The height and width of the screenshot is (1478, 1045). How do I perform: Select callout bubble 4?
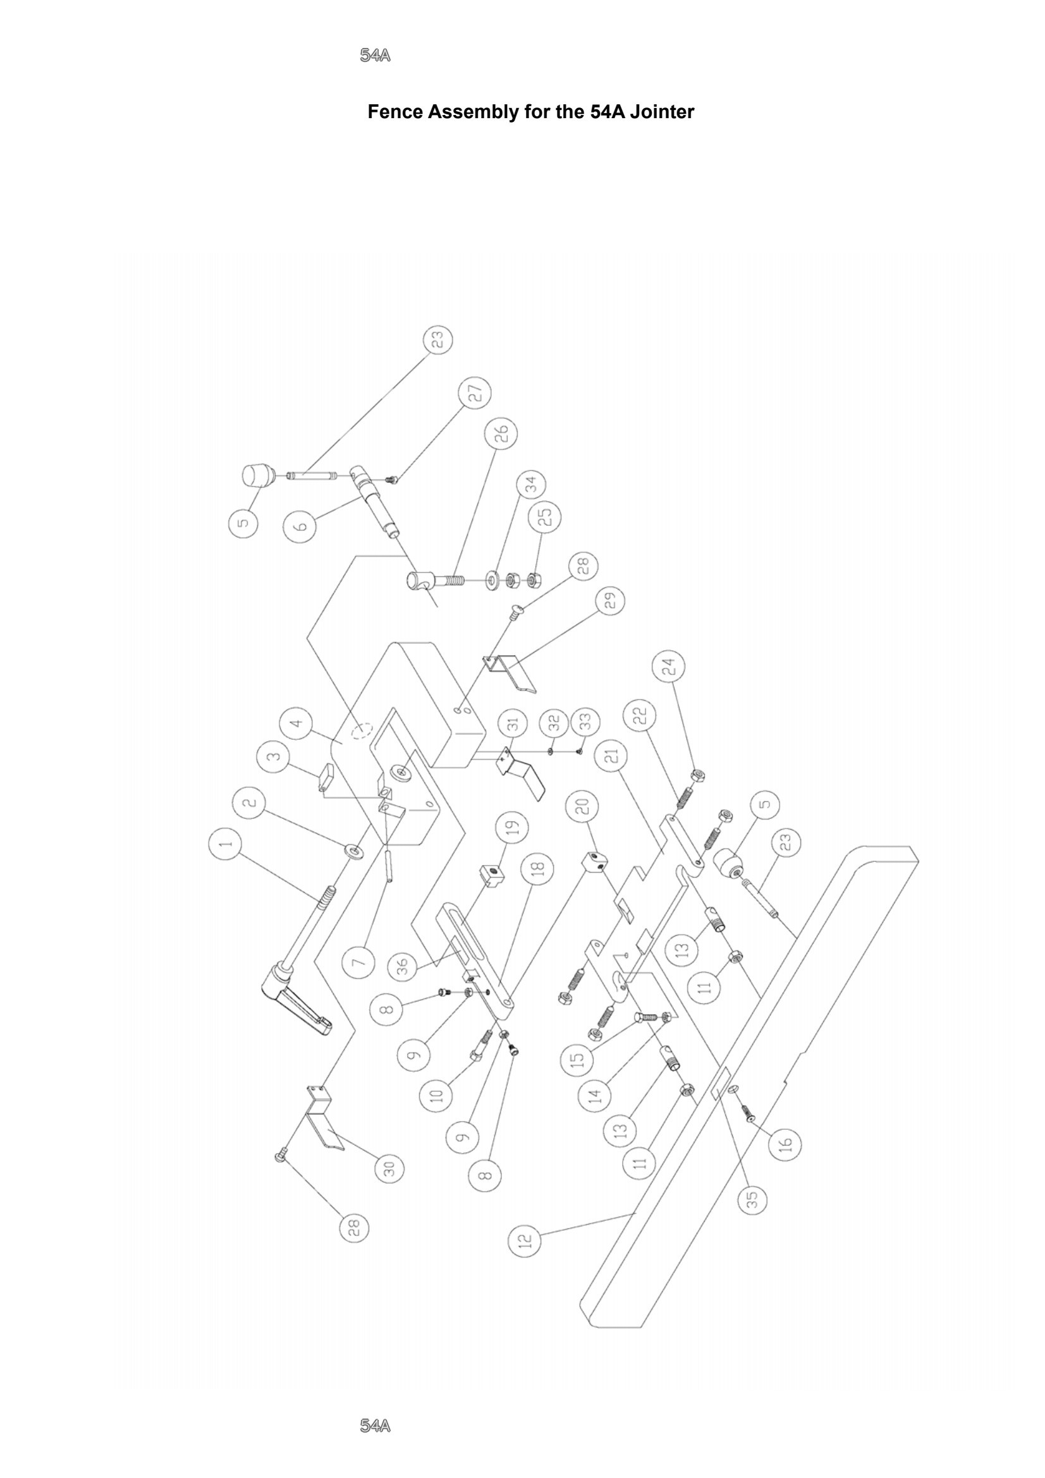pos(297,723)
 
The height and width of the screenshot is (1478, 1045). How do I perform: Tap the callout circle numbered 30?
pos(389,1168)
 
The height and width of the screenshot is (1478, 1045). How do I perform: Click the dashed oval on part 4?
pos(361,729)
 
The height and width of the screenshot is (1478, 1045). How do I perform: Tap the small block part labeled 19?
pos(491,874)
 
